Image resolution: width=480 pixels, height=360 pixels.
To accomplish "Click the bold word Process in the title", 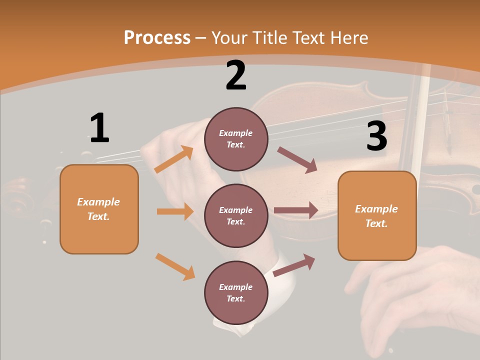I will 157,38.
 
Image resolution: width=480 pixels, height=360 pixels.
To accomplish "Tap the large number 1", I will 99,128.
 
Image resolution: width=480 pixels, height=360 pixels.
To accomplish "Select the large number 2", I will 236,75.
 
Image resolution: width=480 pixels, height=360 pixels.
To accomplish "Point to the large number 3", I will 376,136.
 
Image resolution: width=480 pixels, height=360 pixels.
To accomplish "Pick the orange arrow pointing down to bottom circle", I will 175,266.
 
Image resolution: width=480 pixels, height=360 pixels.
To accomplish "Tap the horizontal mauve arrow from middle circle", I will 296,210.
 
